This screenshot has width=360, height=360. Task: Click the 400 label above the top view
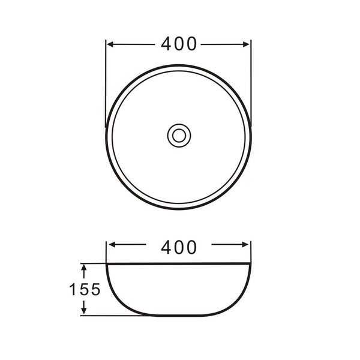(x=179, y=44)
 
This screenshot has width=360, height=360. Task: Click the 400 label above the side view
(x=179, y=247)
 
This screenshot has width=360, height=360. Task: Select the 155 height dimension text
(x=85, y=289)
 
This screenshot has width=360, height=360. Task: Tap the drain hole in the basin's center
(x=179, y=136)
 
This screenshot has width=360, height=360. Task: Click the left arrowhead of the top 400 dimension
(x=110, y=44)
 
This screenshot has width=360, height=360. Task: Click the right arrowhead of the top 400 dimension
(x=247, y=44)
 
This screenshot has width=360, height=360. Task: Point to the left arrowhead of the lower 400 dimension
(x=112, y=245)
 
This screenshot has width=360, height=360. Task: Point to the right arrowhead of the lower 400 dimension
(x=245, y=245)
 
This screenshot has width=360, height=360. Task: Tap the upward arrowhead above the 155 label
(x=84, y=268)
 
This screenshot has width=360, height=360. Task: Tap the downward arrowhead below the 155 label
(x=84, y=310)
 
